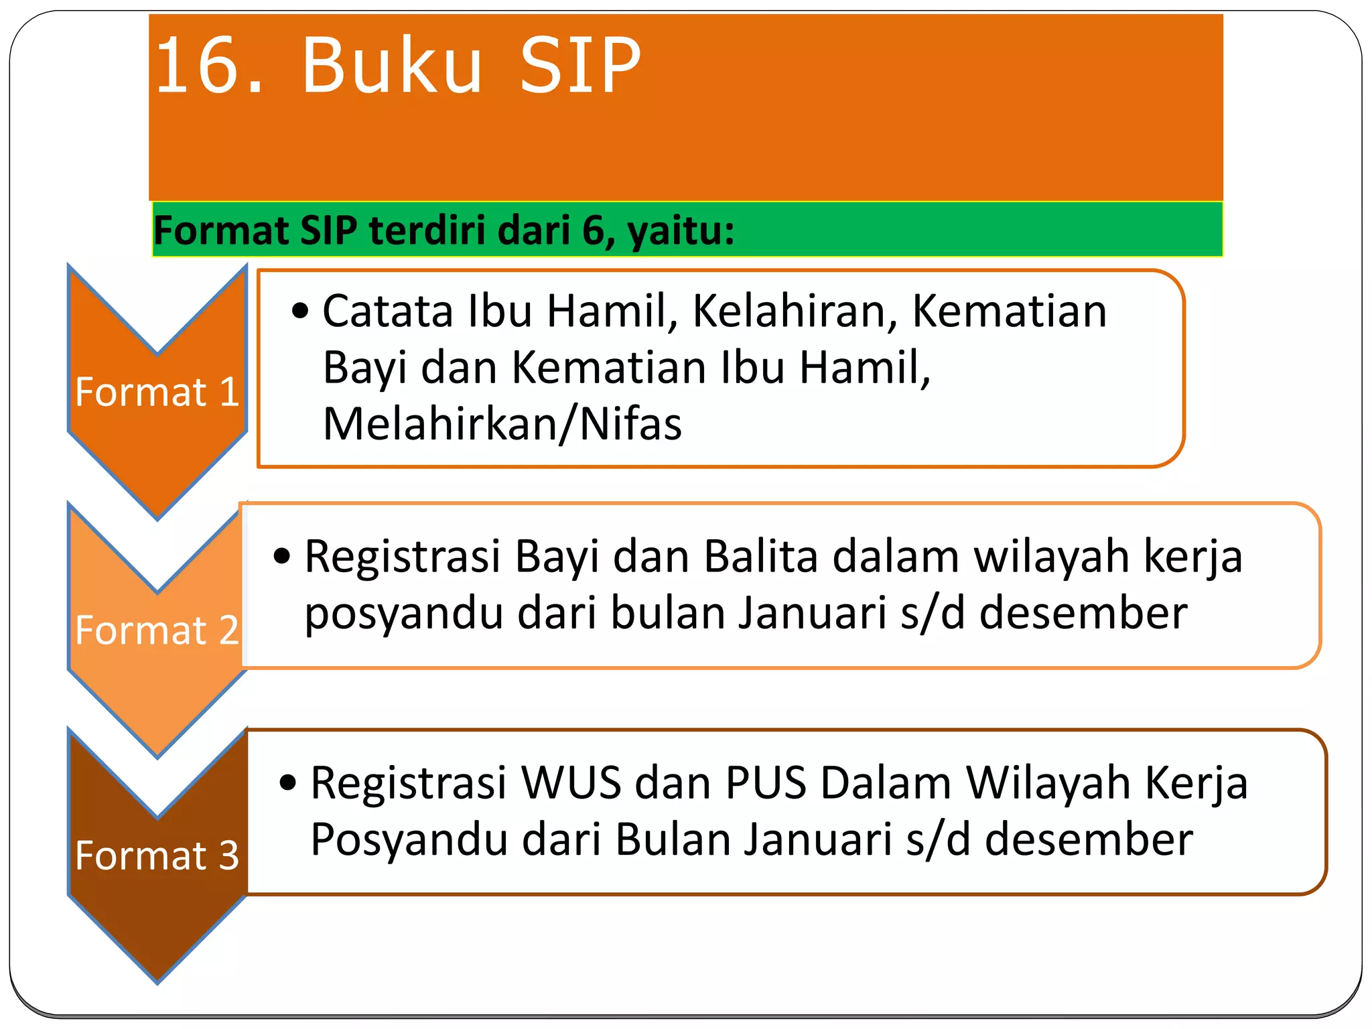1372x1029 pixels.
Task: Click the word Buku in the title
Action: [x=392, y=66]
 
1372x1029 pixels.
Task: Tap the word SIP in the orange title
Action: [x=580, y=66]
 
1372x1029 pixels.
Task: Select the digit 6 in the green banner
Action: [x=593, y=230]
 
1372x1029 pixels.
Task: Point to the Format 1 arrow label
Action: [x=157, y=392]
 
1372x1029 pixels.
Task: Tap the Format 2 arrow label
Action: [x=157, y=630]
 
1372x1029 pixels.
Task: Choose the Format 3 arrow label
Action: [x=157, y=855]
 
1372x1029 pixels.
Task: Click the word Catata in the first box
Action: [x=388, y=312]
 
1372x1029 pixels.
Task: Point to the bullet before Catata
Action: [x=301, y=312]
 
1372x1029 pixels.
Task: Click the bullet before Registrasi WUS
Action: [x=288, y=782]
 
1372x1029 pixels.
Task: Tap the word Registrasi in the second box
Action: [x=403, y=557]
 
